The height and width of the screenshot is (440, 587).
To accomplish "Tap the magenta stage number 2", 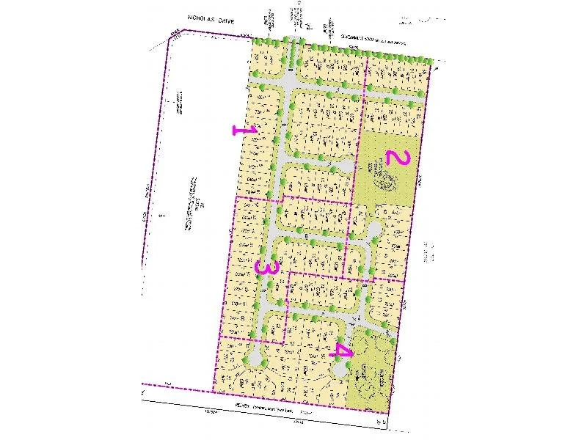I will click(x=395, y=157).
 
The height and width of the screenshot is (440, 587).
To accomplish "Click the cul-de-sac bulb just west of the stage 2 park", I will click(x=346, y=166).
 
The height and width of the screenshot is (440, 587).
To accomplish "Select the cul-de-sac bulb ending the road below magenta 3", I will click(x=254, y=358).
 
